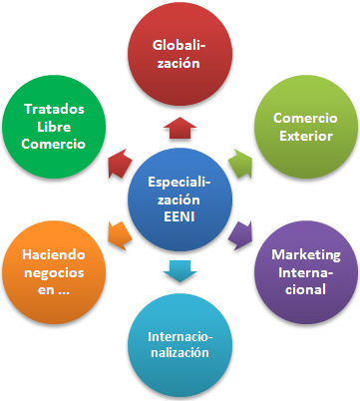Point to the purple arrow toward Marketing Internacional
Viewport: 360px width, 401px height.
click(240, 235)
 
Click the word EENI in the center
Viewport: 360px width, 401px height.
click(180, 215)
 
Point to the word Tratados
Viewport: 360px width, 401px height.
click(54, 109)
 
